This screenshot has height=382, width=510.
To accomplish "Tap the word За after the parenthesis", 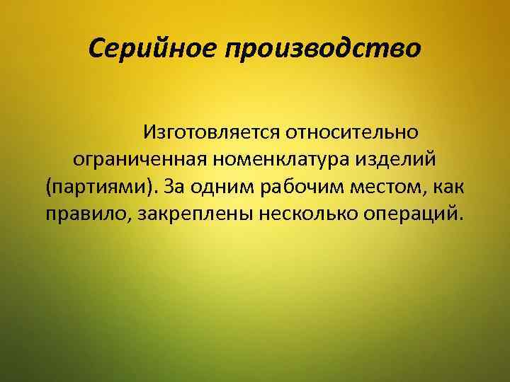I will [x=174, y=187].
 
